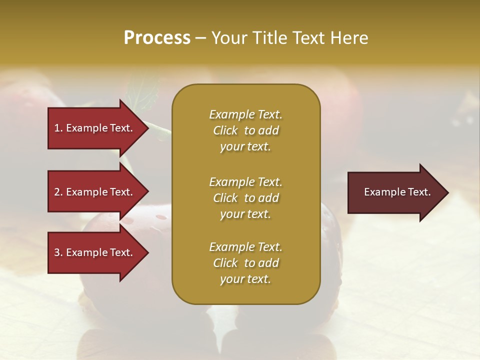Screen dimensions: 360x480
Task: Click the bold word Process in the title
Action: point(157,38)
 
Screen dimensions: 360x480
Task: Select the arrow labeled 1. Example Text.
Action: point(95,128)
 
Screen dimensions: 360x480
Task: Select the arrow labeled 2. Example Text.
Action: point(95,192)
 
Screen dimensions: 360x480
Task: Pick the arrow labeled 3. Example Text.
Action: point(95,253)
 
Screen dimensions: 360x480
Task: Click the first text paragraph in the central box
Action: point(245,130)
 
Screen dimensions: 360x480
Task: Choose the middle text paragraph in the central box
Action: point(245,198)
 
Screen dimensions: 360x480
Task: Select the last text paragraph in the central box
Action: point(245,263)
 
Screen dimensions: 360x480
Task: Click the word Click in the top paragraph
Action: point(225,130)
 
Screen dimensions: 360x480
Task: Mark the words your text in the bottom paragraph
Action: point(245,279)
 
